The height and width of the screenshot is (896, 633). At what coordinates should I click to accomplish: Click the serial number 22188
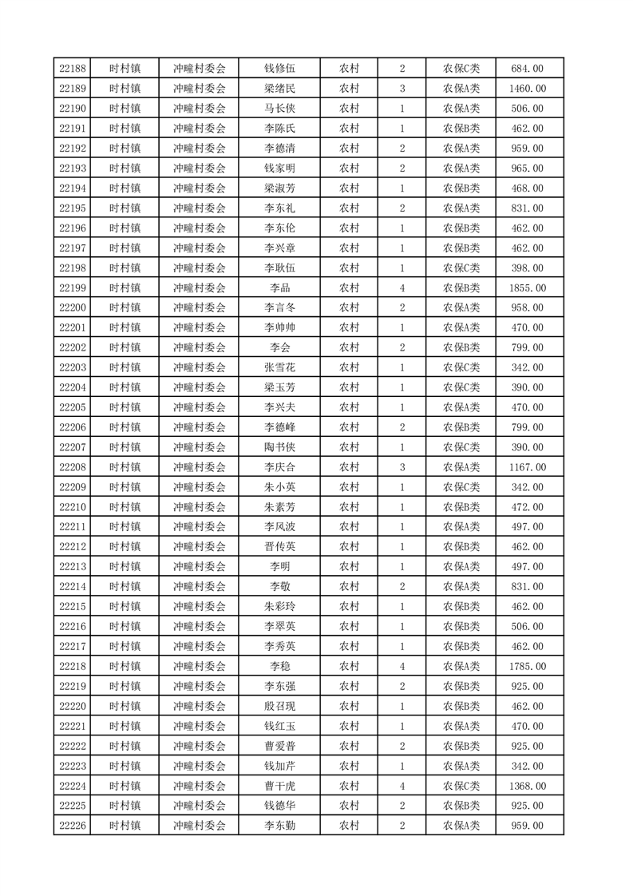tap(73, 69)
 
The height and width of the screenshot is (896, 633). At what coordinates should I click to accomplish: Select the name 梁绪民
tap(279, 89)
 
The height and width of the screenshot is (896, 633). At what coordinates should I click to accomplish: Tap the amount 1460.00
tap(528, 89)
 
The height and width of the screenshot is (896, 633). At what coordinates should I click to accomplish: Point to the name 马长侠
tap(279, 109)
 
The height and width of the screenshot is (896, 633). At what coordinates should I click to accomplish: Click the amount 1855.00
tap(528, 287)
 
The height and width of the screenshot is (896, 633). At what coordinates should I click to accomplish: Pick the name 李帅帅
tap(279, 327)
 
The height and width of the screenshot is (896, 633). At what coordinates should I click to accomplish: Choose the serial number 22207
tap(73, 447)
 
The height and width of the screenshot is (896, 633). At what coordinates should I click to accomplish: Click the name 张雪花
tap(279, 367)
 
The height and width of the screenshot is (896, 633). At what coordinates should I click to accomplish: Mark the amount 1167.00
tap(528, 467)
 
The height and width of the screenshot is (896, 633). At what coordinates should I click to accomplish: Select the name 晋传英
tap(279, 547)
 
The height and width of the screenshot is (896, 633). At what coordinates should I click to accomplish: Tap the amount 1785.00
tap(528, 666)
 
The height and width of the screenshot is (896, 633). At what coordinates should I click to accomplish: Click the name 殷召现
tap(279, 706)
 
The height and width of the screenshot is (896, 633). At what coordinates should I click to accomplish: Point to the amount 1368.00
tap(528, 786)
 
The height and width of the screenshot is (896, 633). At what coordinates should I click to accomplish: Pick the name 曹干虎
tap(279, 786)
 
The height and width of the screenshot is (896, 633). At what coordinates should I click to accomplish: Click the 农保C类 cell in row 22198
tap(461, 268)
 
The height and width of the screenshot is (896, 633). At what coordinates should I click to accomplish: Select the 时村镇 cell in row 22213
tap(125, 567)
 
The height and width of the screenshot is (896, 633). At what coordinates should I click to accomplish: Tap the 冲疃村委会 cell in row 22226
tap(200, 826)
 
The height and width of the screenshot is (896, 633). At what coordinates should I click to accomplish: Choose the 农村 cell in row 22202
tap(349, 347)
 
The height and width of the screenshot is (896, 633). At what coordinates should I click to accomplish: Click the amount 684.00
tap(528, 69)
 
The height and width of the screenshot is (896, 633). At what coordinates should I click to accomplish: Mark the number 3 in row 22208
tap(402, 467)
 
